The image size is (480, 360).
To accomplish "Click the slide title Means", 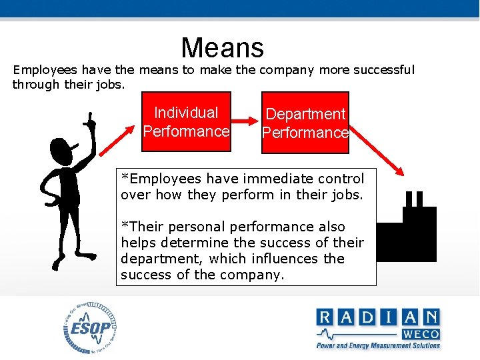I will [x=222, y=47].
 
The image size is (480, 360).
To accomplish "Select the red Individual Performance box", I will [x=186, y=122].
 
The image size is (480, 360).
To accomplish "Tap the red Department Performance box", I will [x=305, y=123].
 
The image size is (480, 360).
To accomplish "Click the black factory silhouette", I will [x=414, y=233].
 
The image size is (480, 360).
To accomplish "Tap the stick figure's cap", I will [x=61, y=147].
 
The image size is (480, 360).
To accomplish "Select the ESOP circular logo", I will [x=91, y=328].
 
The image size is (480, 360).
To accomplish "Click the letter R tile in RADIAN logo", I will [x=326, y=317].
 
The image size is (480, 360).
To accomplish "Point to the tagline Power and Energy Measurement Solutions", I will [x=377, y=345].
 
